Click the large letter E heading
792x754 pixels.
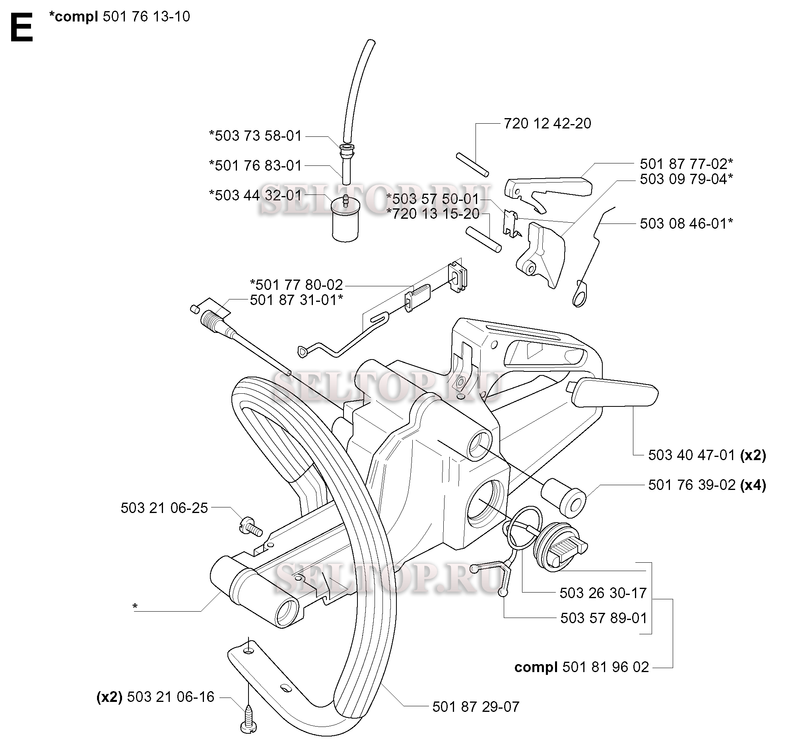[21, 27]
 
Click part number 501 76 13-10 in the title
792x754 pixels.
[146, 17]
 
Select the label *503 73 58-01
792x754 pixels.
[255, 136]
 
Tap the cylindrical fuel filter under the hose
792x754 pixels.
[345, 222]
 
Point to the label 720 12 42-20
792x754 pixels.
[547, 123]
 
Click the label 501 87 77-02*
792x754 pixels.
[686, 164]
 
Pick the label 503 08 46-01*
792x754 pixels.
[686, 223]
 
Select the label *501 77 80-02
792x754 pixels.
[297, 285]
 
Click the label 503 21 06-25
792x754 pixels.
[164, 508]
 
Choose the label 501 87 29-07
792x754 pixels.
[476, 707]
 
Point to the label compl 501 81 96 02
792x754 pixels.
[581, 667]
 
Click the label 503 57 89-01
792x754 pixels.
[604, 618]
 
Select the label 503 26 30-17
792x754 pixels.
[603, 593]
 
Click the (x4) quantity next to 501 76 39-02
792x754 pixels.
[753, 485]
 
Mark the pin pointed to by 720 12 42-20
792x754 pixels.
[473, 164]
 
